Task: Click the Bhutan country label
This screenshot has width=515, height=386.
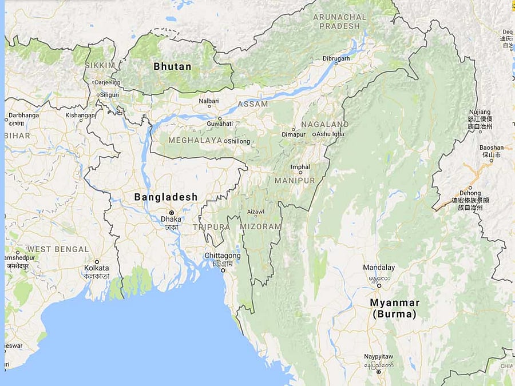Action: tap(172, 66)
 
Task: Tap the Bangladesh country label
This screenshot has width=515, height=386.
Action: tap(165, 197)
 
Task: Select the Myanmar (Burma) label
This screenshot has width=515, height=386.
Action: tap(394, 308)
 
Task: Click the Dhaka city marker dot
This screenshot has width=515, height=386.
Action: tap(171, 212)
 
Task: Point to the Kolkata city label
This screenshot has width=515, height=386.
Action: tap(96, 268)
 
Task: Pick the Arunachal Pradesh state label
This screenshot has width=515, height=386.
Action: tap(339, 21)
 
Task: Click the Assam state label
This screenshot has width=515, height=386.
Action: tap(252, 104)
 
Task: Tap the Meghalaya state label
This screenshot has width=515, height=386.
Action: tap(195, 140)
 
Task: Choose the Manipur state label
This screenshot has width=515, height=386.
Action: tap(295, 180)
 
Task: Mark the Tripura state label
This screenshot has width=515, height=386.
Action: tap(211, 227)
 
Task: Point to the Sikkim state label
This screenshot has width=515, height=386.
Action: tap(100, 65)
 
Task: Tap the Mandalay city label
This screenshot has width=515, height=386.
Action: tap(379, 268)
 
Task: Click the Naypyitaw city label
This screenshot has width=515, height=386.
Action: tap(379, 357)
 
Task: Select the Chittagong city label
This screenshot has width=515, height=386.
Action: tap(222, 255)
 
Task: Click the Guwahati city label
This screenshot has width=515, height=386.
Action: tap(220, 123)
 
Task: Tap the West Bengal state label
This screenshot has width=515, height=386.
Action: tap(58, 249)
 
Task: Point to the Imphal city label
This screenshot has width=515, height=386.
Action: tap(300, 167)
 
